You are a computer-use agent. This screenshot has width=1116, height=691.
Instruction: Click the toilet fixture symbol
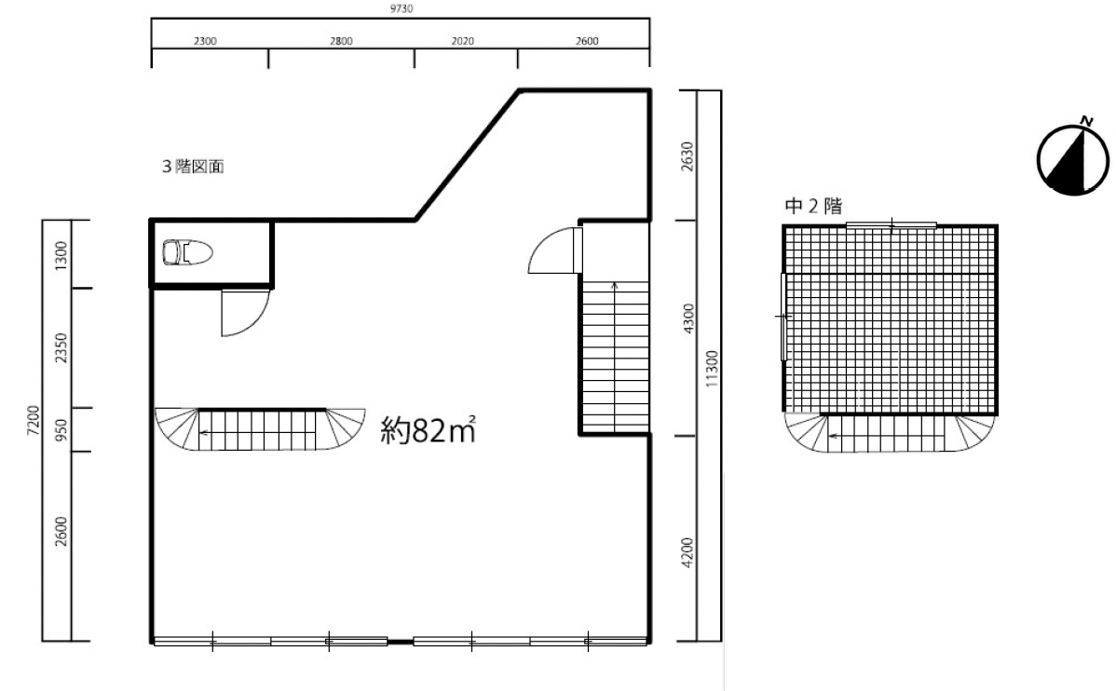coord(188,252)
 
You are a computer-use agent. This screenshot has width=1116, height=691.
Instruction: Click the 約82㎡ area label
coord(428,430)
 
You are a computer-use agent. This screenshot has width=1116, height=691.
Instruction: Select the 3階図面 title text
coord(193,167)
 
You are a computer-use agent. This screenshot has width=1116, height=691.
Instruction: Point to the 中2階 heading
coord(813,207)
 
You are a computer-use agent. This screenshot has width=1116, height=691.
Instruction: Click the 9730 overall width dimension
coord(401,8)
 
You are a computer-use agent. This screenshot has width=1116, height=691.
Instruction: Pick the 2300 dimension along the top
coord(205,41)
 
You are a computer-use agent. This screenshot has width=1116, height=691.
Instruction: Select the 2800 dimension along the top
coord(341,41)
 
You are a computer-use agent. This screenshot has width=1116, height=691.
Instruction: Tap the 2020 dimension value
coord(463,41)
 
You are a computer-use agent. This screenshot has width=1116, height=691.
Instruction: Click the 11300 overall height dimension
coord(713,370)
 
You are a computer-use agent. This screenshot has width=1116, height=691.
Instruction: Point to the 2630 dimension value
coord(687,156)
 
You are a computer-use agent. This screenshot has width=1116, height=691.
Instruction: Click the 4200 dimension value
coord(687,552)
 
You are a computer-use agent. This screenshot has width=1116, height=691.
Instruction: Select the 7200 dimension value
coord(34,421)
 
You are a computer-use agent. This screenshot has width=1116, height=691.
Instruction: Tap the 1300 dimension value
coord(61,255)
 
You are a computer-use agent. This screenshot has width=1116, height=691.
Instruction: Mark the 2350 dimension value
coord(61,348)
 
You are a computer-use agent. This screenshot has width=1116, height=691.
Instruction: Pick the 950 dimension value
coord(61,430)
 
